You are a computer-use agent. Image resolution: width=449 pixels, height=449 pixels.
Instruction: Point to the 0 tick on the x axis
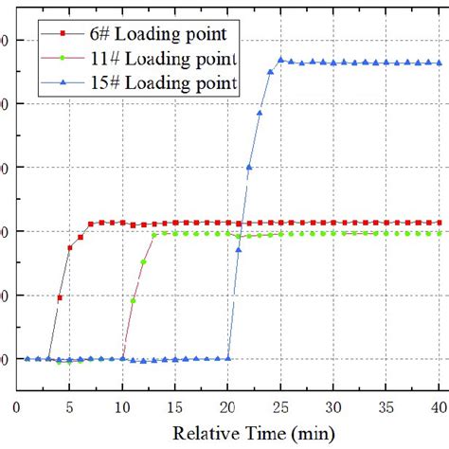click(17, 406)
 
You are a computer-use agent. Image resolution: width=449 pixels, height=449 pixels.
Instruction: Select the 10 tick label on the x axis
click(122, 406)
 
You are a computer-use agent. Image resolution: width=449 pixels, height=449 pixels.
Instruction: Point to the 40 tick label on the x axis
click(437, 406)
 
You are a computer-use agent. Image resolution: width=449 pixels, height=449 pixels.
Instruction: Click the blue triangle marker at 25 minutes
click(281, 60)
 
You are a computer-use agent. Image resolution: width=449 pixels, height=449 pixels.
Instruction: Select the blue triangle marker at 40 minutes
click(439, 63)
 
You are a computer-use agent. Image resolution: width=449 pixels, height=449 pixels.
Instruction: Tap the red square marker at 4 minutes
click(60, 297)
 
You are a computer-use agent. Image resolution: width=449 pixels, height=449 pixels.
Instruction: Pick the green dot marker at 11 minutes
click(134, 300)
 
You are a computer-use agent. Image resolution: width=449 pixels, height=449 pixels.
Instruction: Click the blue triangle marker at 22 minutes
click(249, 169)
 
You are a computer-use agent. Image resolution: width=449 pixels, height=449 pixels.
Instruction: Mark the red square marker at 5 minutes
click(70, 248)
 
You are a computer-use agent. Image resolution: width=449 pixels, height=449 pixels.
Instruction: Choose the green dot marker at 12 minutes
click(144, 261)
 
